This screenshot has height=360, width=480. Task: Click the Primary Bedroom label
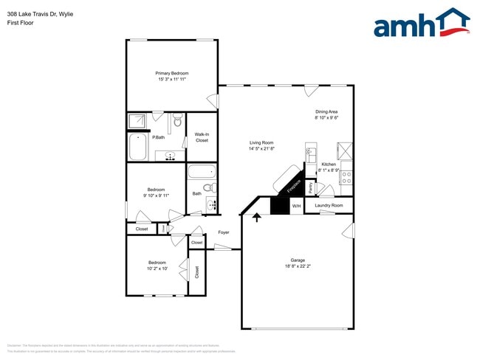tap(171, 73)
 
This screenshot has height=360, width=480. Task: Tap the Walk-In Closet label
tap(202, 136)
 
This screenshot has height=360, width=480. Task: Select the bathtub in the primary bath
tap(138, 147)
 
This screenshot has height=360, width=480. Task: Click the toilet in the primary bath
tap(177, 120)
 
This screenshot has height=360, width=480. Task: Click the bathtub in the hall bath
tap(200, 173)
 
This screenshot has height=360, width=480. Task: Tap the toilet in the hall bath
tap(208, 188)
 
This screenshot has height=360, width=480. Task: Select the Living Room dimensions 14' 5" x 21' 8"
tap(261, 149)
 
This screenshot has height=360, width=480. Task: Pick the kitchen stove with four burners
tap(346, 178)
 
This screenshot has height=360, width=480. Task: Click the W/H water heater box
tap(296, 206)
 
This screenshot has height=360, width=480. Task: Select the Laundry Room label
tap(329, 205)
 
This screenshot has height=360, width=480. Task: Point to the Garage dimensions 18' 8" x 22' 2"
tap(298, 266)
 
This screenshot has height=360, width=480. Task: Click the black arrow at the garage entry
tap(257, 217)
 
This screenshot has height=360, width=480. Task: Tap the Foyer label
tap(223, 232)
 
